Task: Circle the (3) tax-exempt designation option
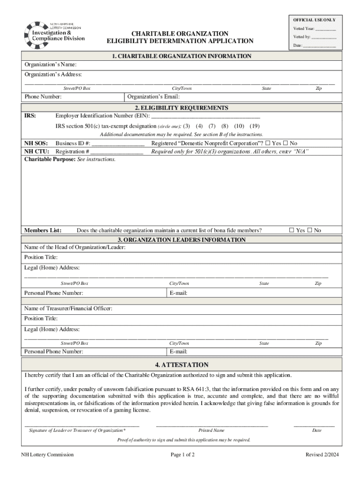[x=187, y=126]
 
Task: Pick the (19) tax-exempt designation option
[x=255, y=126]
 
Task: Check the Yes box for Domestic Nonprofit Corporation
[x=268, y=143]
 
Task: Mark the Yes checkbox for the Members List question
[x=292, y=230]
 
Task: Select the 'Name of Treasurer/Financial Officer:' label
[x=68, y=308]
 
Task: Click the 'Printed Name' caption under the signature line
[x=211, y=430]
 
